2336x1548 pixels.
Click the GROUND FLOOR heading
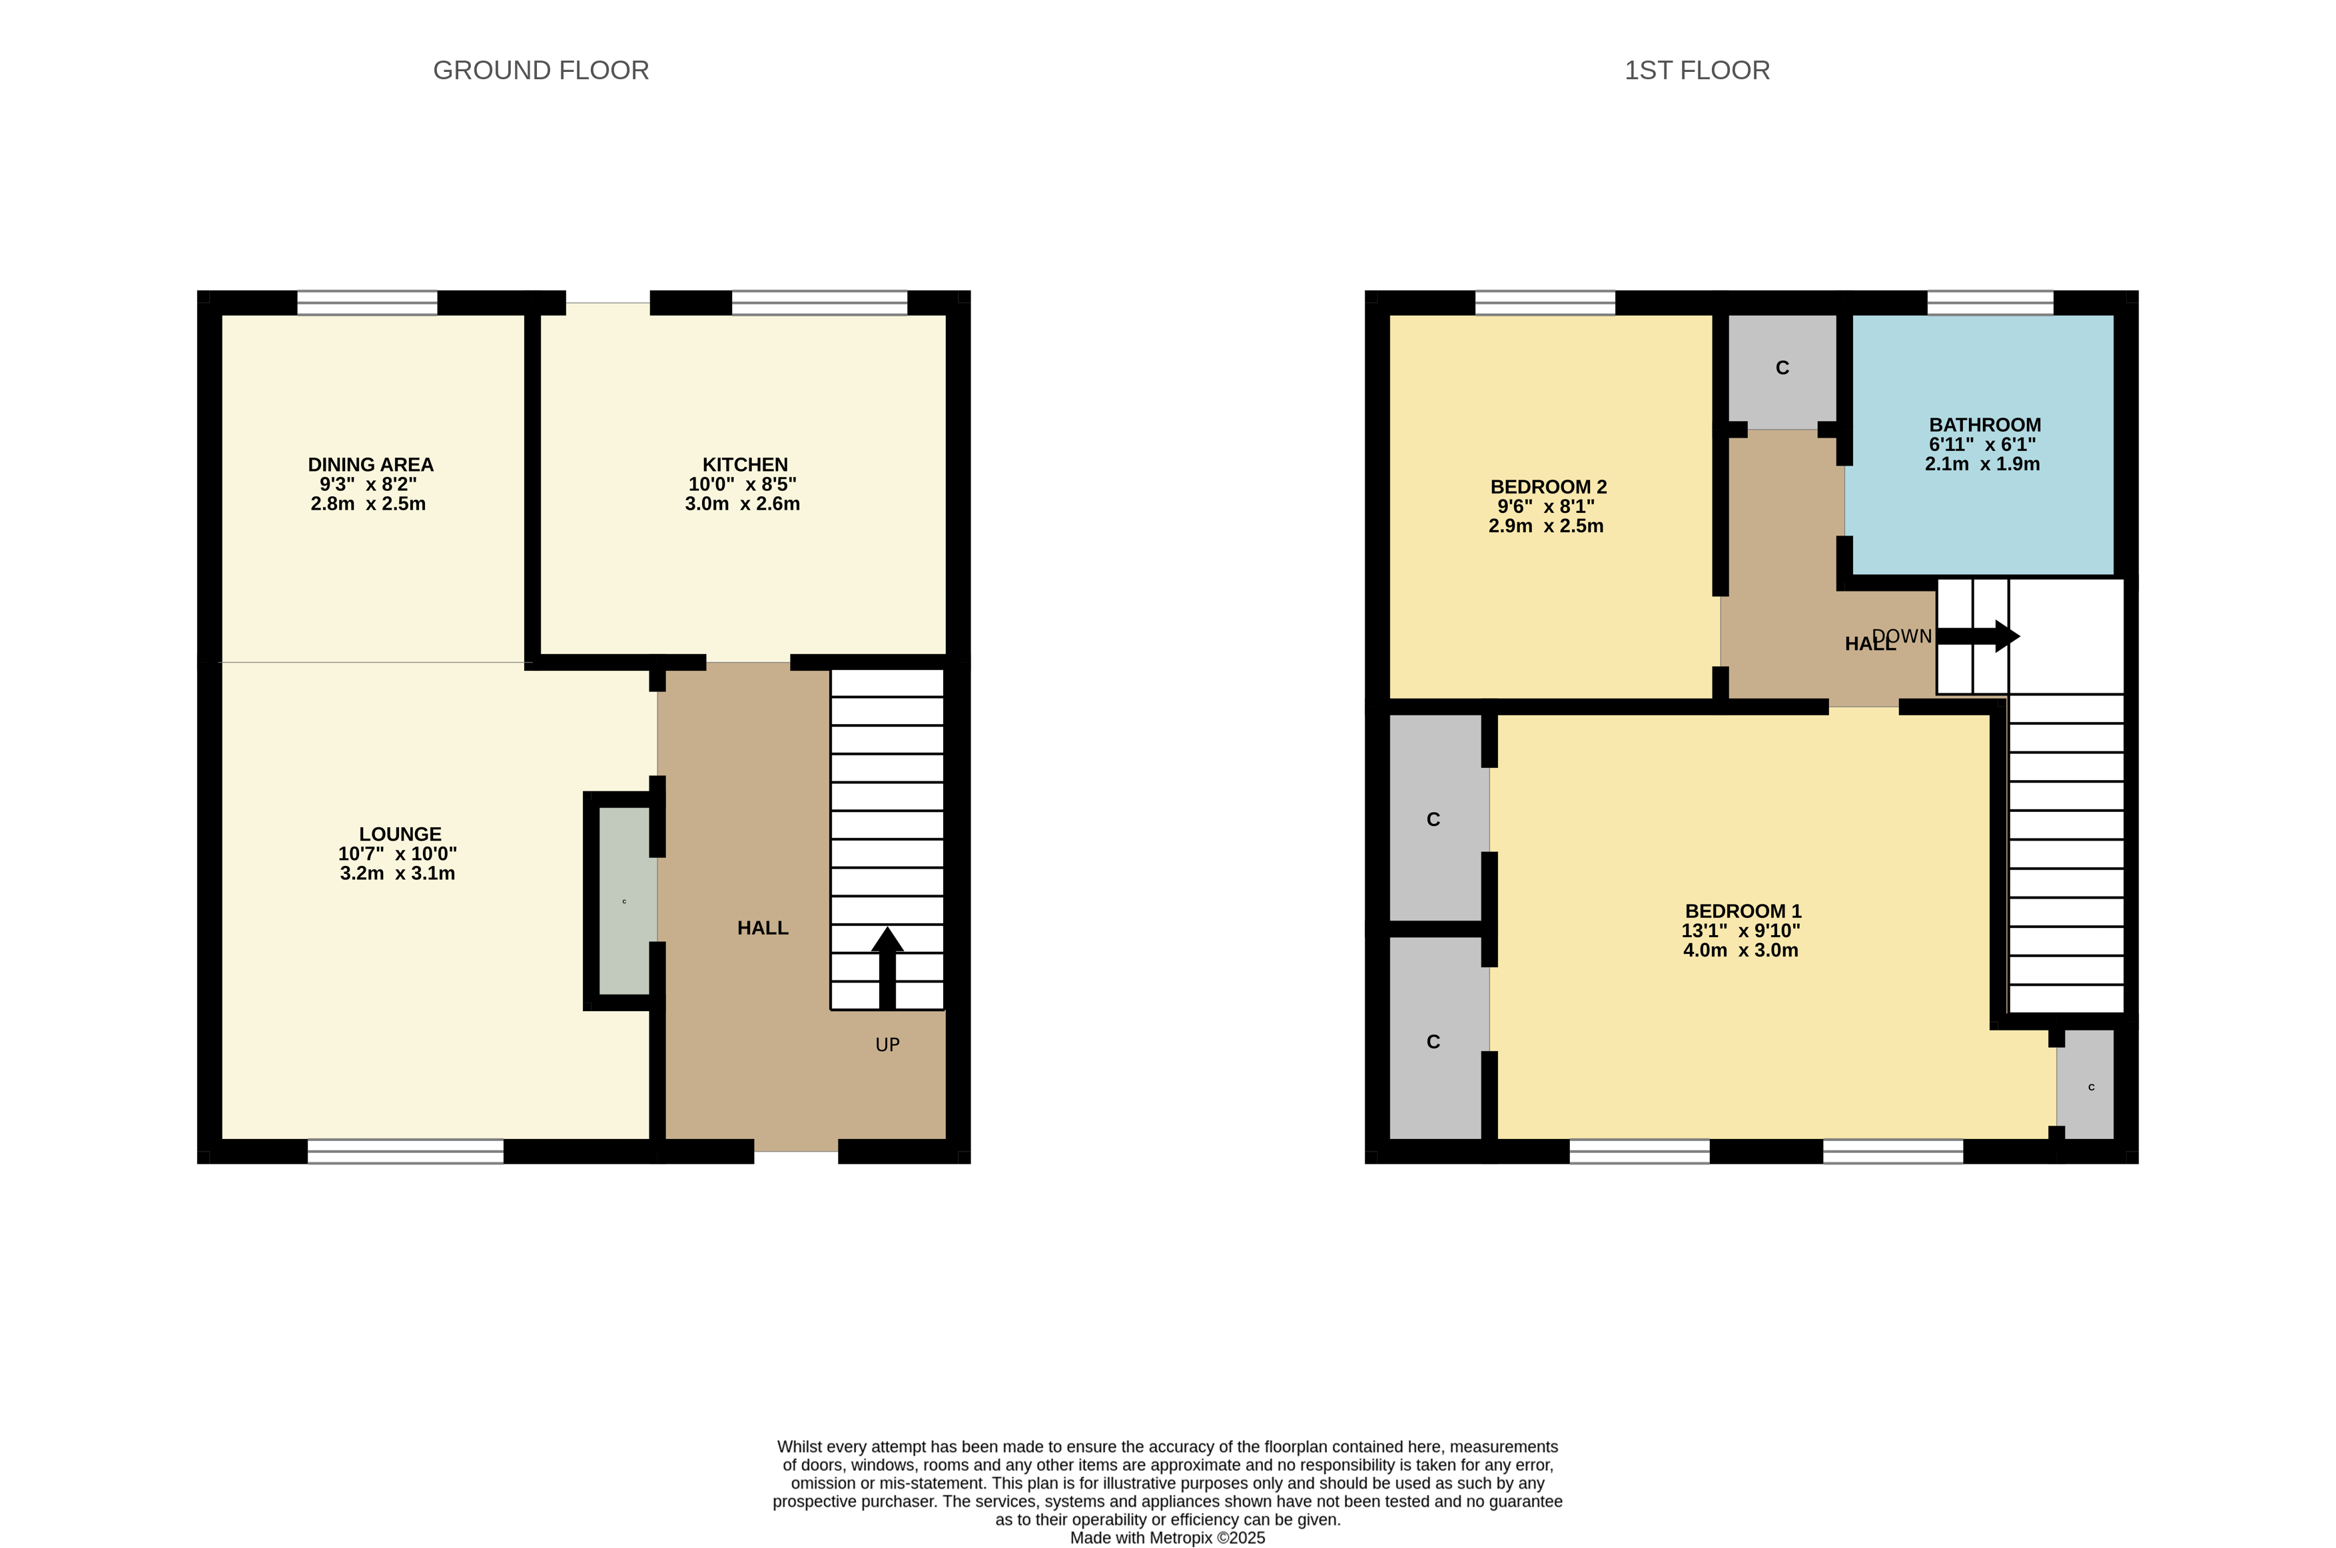(x=541, y=70)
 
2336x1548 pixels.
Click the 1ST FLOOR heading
(x=1697, y=70)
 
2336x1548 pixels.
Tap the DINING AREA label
(x=370, y=465)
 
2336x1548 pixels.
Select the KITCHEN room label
(x=745, y=465)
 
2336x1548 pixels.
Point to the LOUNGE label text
(x=400, y=834)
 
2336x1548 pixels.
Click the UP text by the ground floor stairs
(x=888, y=1044)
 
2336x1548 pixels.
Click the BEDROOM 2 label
(x=1548, y=487)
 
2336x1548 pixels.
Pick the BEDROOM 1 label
(x=1743, y=911)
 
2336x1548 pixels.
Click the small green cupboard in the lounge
(x=625, y=901)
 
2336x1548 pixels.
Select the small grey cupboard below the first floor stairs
(x=2086, y=1086)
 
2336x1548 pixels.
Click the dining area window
(x=367, y=302)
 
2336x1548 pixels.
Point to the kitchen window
(x=819, y=302)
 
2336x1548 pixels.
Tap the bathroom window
(x=1990, y=302)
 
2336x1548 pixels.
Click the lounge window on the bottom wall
(x=406, y=1151)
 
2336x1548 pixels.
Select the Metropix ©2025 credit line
(x=1168, y=1537)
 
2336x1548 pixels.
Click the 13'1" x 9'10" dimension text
(x=1741, y=931)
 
